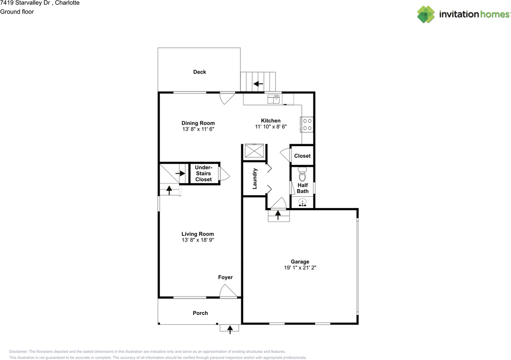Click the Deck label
[199, 72]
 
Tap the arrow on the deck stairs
[258, 84]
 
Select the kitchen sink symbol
[273, 99]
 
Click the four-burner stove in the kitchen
[307, 125]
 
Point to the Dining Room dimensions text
[198, 129]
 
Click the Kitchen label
[271, 121]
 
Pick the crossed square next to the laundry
[254, 150]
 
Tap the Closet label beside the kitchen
[302, 156]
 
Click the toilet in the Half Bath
[303, 174]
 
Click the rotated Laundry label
[255, 179]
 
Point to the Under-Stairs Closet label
[204, 173]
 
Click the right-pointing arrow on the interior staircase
[180, 173]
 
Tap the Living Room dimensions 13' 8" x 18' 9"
[198, 240]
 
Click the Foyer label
[226, 277]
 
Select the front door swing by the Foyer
[228, 291]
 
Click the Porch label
[200, 313]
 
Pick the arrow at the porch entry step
[230, 330]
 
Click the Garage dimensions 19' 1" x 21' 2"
[300, 267]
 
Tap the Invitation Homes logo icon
[426, 14]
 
